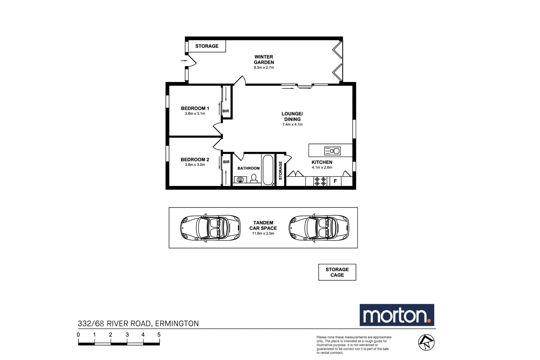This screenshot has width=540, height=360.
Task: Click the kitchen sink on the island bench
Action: coord(332,151)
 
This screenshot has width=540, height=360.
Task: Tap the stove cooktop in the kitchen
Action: coord(320,181)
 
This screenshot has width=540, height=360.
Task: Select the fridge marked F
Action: coord(335,181)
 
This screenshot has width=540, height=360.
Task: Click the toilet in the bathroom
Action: coord(254,178)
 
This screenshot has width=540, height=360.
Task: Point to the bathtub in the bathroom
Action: coord(268,170)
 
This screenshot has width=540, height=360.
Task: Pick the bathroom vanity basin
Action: coord(240,180)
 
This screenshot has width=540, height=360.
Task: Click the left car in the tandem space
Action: coord(210,228)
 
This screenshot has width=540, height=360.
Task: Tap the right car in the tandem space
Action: coord(319,228)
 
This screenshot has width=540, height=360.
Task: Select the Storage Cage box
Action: coord(337,272)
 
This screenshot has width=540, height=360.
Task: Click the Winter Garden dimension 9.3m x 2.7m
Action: coord(264,68)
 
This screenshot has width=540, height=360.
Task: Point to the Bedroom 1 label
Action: coord(195,108)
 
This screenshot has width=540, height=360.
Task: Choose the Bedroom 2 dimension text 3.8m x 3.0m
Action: coord(195,165)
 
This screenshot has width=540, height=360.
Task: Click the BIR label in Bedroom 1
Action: coord(226,111)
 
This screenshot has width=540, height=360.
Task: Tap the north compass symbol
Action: coord(426,342)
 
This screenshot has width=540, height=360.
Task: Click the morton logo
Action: coord(397,315)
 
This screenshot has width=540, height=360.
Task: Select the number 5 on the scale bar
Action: coord(159,335)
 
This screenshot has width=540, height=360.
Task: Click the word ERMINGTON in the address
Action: coord(177,324)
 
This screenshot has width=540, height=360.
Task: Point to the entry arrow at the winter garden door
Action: coord(184,61)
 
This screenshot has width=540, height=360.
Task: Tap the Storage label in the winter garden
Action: coord(207,46)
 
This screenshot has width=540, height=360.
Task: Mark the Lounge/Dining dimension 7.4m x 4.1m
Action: coord(292,124)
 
